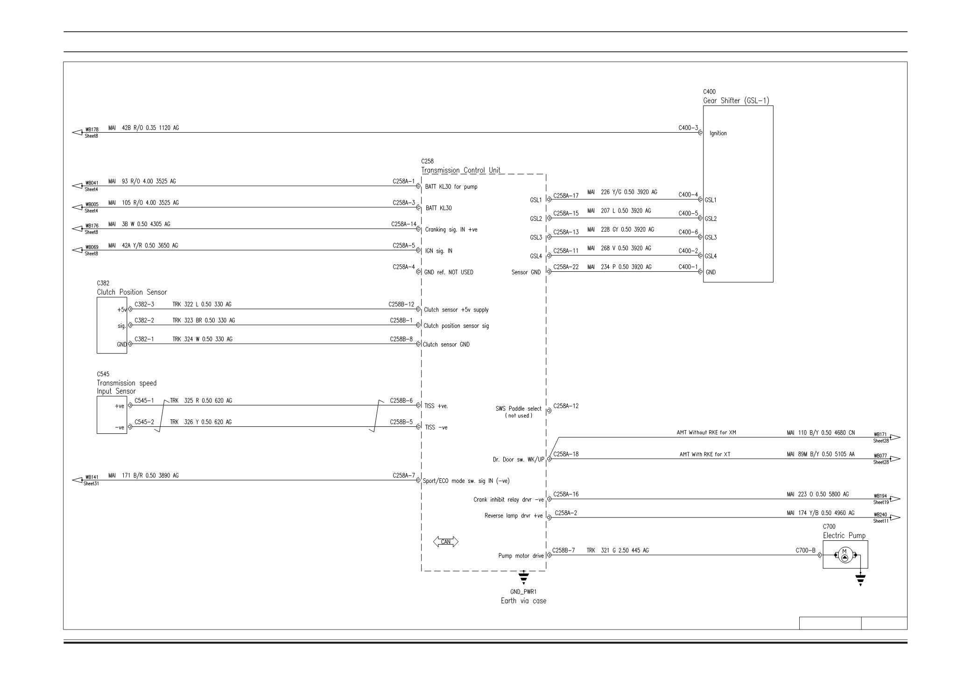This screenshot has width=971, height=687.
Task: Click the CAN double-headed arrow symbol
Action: click(446, 542)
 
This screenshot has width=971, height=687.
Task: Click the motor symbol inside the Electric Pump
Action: click(844, 555)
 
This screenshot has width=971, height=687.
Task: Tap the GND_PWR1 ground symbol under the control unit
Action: click(524, 578)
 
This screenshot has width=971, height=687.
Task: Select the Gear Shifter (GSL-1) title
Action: click(736, 100)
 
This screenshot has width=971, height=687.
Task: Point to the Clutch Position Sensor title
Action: click(132, 292)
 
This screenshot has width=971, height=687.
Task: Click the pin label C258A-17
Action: click(566, 196)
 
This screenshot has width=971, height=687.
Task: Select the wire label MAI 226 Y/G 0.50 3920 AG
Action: click(622, 192)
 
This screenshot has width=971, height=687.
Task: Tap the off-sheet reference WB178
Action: click(91, 129)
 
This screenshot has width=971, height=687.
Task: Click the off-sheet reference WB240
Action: click(880, 515)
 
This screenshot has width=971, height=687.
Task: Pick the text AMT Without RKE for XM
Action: click(706, 432)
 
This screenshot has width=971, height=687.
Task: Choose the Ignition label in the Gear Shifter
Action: click(718, 134)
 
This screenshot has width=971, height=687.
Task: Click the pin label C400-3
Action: click(688, 127)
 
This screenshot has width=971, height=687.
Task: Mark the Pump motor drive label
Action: click(521, 556)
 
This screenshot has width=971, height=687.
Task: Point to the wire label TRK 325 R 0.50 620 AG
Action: click(201, 401)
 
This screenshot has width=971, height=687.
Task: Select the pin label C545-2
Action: click(144, 422)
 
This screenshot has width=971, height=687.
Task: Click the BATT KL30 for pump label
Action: click(451, 187)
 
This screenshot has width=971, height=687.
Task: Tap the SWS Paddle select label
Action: click(519, 409)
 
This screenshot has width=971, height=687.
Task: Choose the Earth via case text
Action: click(523, 601)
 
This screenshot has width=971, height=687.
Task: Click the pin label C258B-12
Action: click(401, 305)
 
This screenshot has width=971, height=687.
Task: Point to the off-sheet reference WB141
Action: click(91, 477)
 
